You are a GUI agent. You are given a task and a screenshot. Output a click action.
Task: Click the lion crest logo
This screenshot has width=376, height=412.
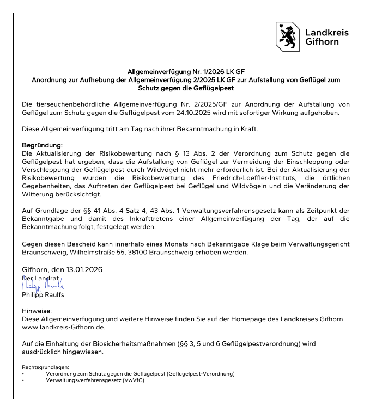click(x=286, y=36)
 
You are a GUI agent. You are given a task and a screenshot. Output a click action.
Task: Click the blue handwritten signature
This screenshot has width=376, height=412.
click(x=43, y=285)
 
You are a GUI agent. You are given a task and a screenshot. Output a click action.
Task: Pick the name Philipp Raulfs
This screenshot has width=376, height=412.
click(x=43, y=294)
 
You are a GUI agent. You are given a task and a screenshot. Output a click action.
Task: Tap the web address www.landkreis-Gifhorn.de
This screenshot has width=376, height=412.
click(x=63, y=327)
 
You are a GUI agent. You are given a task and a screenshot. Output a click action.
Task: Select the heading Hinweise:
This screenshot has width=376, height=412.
click(x=35, y=311)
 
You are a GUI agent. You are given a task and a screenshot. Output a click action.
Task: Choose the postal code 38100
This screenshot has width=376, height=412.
click(x=136, y=253)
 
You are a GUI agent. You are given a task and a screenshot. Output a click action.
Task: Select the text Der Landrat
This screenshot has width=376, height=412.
click(x=40, y=278)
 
